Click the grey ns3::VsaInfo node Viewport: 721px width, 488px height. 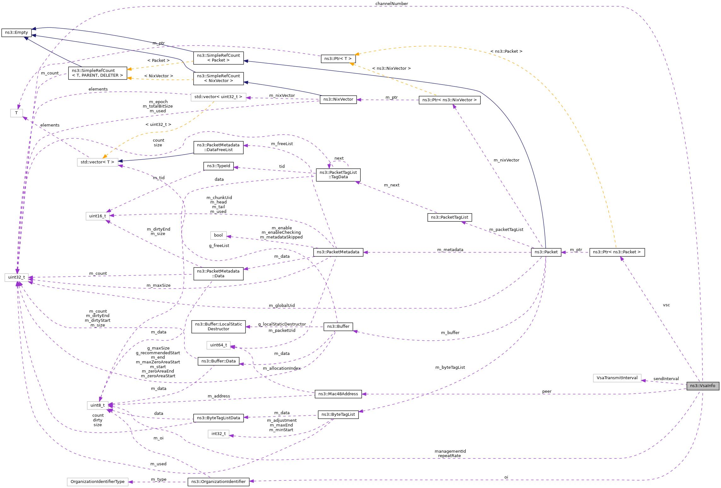[703, 386]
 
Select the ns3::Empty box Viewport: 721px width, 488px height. [16, 32]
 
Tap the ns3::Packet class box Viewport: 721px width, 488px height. [546, 252]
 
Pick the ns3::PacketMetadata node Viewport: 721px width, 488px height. [338, 252]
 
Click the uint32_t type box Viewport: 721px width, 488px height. [16, 277]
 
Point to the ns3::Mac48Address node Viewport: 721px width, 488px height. [338, 394]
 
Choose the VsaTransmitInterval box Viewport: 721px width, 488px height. [617, 378]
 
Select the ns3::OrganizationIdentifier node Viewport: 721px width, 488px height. [218, 482]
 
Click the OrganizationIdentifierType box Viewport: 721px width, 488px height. [97, 482]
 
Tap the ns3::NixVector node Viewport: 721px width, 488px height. [338, 99]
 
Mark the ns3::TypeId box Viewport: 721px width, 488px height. [218, 166]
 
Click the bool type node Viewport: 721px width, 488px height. [218, 235]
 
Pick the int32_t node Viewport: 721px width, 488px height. [218, 434]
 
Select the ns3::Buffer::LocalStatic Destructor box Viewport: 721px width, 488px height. [218, 326]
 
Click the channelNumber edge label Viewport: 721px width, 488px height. [392, 3]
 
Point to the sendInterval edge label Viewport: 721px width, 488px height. [666, 379]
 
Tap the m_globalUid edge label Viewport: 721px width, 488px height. [282, 305]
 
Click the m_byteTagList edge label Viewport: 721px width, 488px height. [450, 367]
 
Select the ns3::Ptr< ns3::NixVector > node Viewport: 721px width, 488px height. [449, 100]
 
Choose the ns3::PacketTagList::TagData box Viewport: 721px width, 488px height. [338, 175]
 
